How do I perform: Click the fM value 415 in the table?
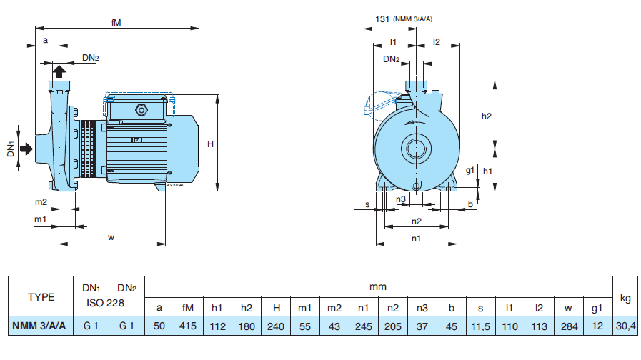189,326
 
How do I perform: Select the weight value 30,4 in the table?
626,326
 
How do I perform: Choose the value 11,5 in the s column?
480,326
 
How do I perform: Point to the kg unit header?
626,297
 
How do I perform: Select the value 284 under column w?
568,326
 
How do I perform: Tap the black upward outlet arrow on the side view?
59,71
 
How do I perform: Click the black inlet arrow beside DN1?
25,149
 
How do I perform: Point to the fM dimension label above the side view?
116,22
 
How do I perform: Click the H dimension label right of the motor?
210,144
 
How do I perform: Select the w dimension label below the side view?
111,237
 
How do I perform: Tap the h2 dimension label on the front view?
487,116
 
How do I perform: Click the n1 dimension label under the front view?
416,238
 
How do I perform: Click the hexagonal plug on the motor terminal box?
140,110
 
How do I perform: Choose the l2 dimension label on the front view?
436,41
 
